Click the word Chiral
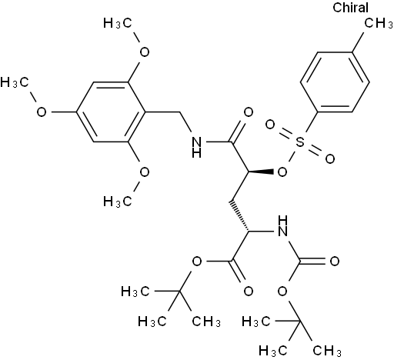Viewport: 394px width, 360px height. coord(350,8)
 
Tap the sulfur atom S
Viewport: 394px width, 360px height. coord(300,142)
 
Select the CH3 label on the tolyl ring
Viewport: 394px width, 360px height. coord(379,24)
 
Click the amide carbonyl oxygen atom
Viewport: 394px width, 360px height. coord(248,112)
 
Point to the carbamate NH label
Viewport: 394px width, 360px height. coord(282,226)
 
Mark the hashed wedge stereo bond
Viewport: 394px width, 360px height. coord(239,216)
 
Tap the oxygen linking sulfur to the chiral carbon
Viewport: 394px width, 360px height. coord(282,172)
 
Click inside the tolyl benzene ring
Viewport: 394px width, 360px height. coord(335,82)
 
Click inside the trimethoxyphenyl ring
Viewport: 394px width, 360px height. coord(110,112)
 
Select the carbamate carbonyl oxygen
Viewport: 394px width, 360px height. coord(334,262)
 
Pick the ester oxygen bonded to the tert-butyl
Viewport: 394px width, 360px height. coord(197,262)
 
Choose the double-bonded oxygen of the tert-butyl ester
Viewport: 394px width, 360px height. coord(248,292)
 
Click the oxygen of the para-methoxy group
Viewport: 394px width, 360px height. coord(42,112)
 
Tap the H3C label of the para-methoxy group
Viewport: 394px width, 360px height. coord(15,82)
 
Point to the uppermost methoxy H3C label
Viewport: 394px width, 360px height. coord(118,23)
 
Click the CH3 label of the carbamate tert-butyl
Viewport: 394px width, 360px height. coord(327,351)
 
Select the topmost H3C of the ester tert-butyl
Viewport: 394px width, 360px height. coord(135,292)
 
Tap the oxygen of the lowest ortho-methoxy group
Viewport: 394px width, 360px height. coord(145,172)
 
